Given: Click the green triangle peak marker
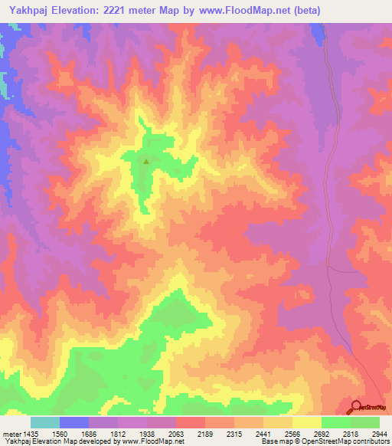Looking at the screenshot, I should click(146, 161).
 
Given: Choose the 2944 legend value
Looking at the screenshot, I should click(381, 433).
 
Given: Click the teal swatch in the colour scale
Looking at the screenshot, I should click(45, 422).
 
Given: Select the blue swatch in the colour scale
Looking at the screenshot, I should click(74, 422).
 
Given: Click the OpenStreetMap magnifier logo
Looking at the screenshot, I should click(356, 406).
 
